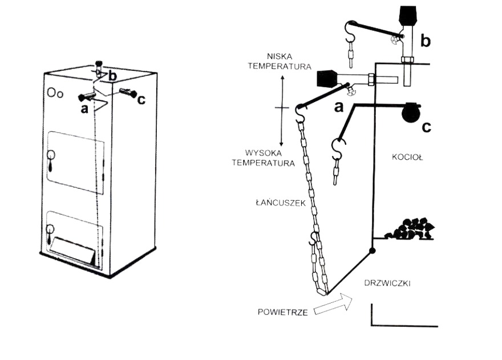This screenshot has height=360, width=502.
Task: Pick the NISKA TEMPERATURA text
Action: point(280,61)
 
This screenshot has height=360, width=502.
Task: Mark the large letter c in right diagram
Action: point(426,127)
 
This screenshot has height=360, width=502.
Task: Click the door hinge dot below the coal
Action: point(372,250)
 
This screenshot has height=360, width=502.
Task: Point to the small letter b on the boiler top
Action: point(114,75)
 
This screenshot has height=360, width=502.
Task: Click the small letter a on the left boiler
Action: point(84,108)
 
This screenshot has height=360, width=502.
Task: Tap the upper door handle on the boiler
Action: point(51,155)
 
